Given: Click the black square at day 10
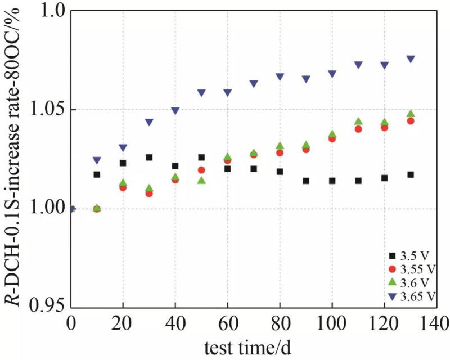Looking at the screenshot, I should pos(97,174).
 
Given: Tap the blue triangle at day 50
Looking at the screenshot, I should pos(201,93).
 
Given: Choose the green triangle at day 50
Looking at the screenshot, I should pos(201,180).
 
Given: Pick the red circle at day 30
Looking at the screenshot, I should pos(149,193).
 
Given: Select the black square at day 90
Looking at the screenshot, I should pos(306,181).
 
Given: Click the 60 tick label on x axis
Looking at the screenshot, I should pos(227,324).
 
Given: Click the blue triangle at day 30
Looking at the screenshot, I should pos(149,122).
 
